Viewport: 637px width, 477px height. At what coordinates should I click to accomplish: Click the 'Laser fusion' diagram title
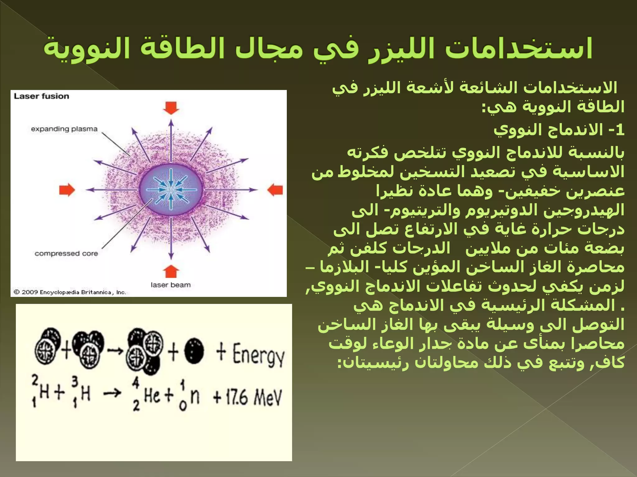41,96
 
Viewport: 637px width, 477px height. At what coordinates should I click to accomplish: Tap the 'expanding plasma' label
64,129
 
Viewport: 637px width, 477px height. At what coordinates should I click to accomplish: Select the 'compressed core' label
66,253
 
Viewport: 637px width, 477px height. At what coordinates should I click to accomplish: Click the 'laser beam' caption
170,285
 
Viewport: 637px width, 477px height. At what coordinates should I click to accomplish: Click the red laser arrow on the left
67,190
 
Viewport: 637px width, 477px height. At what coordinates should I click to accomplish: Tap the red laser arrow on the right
275,190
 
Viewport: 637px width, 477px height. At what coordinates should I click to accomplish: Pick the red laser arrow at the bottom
171,272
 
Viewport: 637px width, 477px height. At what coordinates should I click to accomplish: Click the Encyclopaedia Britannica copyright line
70,292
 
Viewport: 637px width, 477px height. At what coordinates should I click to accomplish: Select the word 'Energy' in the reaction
258,355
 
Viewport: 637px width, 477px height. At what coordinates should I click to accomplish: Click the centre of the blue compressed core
171,189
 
